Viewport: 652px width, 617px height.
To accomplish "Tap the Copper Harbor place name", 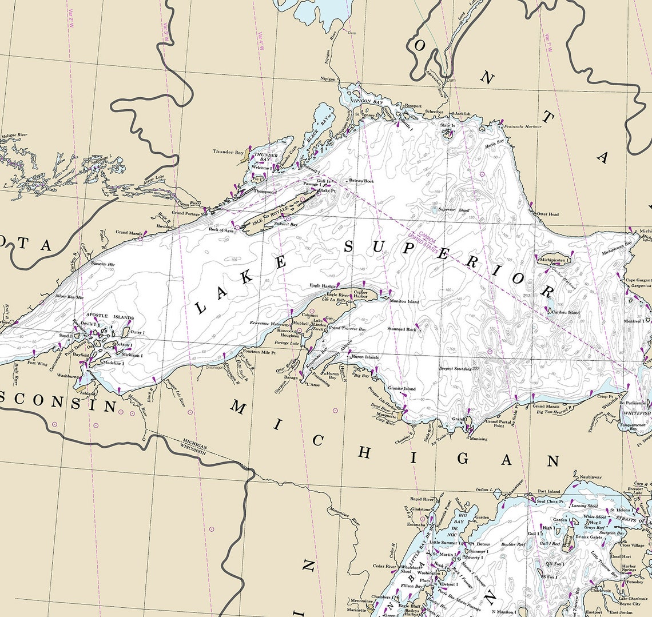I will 360,294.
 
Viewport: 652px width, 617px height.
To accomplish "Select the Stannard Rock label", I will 401,329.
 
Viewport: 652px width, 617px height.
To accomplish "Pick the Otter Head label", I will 547,214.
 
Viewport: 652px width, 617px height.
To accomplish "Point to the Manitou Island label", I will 404,301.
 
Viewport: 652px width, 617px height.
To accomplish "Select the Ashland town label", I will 88,394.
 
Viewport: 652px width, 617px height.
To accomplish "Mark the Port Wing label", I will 38,363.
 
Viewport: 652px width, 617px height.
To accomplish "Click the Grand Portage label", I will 186,213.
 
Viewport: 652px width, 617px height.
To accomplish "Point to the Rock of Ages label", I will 221,229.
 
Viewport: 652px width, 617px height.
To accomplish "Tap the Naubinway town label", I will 590,477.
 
